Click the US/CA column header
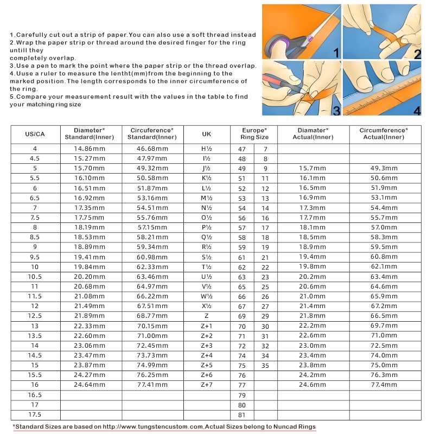click(x=35, y=134)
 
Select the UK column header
click(x=207, y=134)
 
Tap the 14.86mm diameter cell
click(x=90, y=149)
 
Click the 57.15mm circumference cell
click(x=152, y=227)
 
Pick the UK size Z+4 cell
click(x=207, y=355)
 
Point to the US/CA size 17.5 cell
click(x=35, y=415)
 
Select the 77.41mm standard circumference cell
click(x=152, y=385)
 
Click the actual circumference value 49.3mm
click(x=384, y=169)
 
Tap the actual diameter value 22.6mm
click(x=313, y=336)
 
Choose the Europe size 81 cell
click(x=242, y=415)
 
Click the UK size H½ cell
click(x=207, y=149)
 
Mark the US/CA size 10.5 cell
click(x=35, y=277)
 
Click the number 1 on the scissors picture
click(x=336, y=53)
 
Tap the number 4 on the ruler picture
click(x=417, y=110)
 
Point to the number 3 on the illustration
click(x=336, y=111)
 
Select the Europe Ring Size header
click(x=254, y=134)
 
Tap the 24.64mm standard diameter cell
click(x=90, y=385)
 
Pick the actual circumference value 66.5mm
click(x=384, y=316)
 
